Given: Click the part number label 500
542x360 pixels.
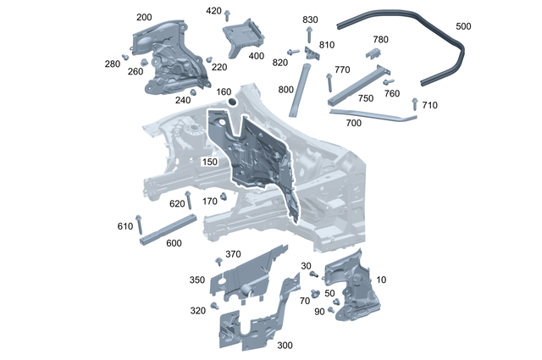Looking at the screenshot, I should [464, 26].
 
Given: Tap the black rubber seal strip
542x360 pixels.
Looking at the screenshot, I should [406, 25].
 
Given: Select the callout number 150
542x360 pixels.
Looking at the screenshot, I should [209, 161].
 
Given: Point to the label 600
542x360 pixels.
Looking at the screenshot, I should [174, 244].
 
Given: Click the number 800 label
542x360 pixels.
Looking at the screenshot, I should [285, 89].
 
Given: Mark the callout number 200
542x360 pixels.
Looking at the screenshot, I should [144, 17].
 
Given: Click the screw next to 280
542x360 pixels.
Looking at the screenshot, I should [125, 57].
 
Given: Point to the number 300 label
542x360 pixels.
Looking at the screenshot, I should [285, 346].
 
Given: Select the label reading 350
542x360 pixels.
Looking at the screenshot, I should [196, 280].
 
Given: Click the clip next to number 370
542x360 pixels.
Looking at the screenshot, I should [218, 259].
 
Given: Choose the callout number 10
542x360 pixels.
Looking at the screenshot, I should [381, 280].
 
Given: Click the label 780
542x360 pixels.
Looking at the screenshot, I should [380, 40].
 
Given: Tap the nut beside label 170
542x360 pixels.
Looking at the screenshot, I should [223, 197].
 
